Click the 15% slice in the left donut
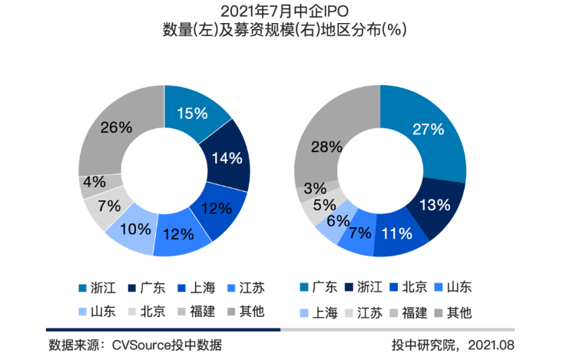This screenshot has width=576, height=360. pyautogui.click(x=192, y=114)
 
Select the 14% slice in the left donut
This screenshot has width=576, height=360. pyautogui.click(x=227, y=159)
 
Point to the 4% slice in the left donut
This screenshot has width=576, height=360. pyautogui.click(x=94, y=183)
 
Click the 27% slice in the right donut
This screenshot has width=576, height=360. pyautogui.click(x=428, y=129)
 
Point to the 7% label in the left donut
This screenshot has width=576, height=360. pyautogui.click(x=110, y=206)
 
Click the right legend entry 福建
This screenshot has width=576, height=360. pyautogui.click(x=415, y=312)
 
